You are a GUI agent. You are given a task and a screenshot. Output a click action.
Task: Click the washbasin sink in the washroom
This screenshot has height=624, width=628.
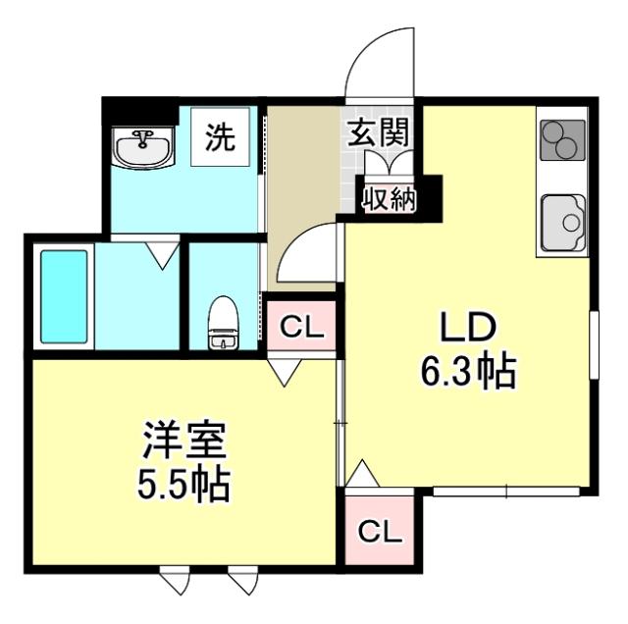click(x=143, y=149)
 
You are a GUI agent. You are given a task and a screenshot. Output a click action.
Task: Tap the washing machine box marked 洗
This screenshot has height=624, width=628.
click(x=221, y=138)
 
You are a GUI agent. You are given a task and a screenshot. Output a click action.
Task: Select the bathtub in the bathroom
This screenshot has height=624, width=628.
click(x=65, y=297)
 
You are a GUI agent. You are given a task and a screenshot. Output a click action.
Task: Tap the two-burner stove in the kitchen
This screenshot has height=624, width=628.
click(x=562, y=139)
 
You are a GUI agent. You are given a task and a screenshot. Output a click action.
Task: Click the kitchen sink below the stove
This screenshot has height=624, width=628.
click(x=562, y=225)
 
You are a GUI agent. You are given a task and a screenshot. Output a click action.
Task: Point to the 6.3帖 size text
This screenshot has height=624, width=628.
click(x=469, y=371)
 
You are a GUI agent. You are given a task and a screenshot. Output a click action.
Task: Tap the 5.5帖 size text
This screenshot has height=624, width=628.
click(x=185, y=484)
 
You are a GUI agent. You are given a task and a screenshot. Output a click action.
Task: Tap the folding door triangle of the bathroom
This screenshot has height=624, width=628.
click(x=162, y=257)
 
